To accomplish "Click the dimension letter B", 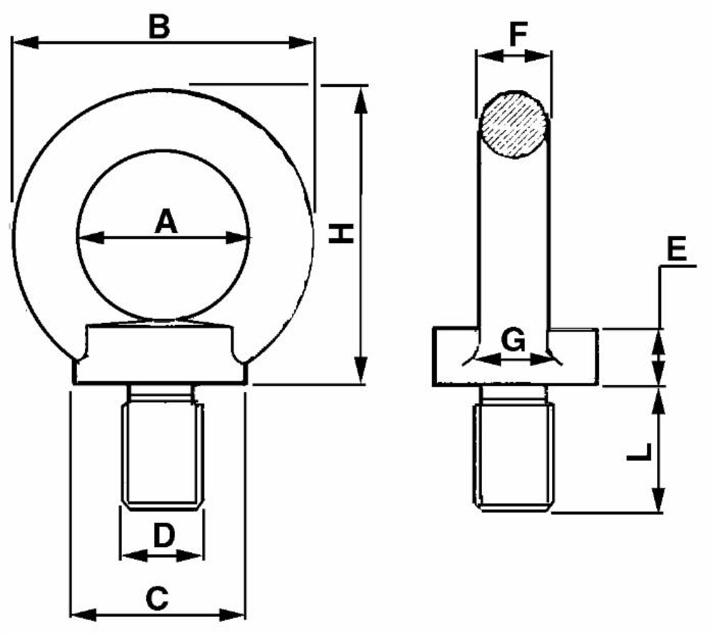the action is (159, 27).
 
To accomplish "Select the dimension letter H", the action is (341, 234).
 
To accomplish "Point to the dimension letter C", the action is (158, 599).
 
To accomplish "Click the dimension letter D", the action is (164, 535).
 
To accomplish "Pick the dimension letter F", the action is (518, 34).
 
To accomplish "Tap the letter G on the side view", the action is (513, 340).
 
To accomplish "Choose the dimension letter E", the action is (677, 250).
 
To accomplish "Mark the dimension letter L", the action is (639, 452).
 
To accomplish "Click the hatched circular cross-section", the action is (513, 125).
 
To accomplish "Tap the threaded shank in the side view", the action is (513, 449).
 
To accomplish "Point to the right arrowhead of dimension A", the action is (237, 237).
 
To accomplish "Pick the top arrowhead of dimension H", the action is (361, 100).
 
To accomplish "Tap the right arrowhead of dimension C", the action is (232, 614).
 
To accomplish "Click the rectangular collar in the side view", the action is (515, 356).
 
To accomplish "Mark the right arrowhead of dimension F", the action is (538, 56).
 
